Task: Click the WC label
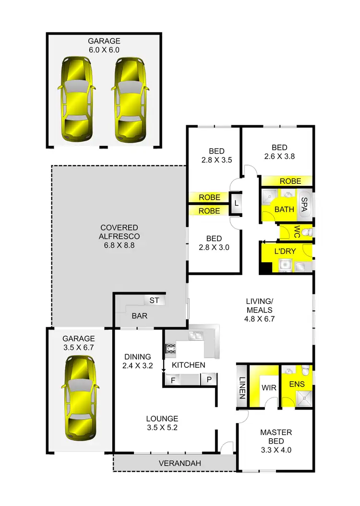click(x=297, y=232)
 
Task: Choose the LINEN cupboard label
click(x=242, y=387)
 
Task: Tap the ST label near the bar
click(x=154, y=301)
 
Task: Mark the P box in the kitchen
click(x=209, y=380)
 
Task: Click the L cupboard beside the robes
click(x=236, y=204)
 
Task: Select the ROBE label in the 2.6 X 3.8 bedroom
click(x=290, y=181)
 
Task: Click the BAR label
click(x=139, y=316)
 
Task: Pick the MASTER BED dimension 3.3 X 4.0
click(x=276, y=450)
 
